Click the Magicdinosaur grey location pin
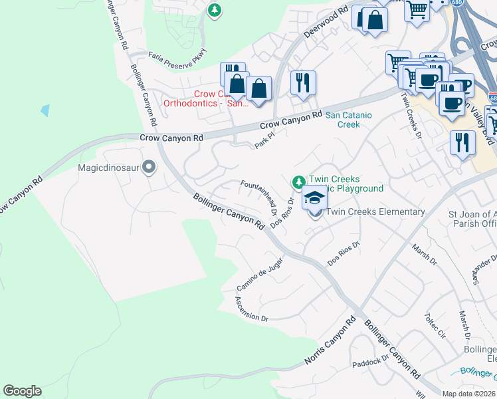point(149,167)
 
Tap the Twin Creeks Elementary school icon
point(315,198)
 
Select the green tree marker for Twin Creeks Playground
point(298,181)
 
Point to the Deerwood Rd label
point(326,23)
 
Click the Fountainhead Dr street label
point(260,198)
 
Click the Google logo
point(22,391)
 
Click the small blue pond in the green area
point(45,110)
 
